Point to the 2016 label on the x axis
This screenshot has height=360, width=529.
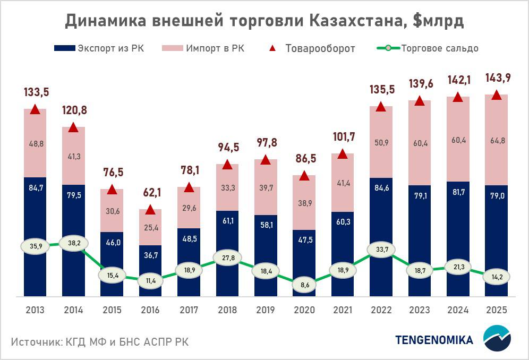point(150,310)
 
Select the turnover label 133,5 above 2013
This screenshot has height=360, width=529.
point(35,92)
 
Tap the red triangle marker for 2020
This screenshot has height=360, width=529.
point(304,176)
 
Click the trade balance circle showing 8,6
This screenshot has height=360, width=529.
point(304,285)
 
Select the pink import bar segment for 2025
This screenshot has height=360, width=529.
point(496,140)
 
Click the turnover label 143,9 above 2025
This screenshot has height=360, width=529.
point(496,78)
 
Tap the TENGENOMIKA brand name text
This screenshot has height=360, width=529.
point(433,340)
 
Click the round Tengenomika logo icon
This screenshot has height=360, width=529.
point(497,340)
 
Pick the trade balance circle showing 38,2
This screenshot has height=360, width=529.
point(73,243)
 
